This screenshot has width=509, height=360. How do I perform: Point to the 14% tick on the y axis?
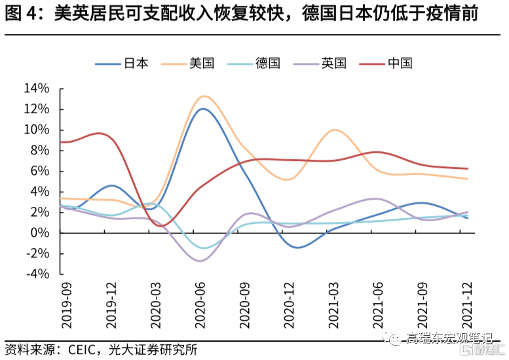pos(36,88)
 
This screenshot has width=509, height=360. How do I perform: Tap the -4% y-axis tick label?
pos(37,274)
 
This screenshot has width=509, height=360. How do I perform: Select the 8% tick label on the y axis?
pos(39,151)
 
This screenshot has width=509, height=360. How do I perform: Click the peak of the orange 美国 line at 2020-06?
pos(204,96)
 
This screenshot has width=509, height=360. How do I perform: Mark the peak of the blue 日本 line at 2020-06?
pos(202,109)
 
